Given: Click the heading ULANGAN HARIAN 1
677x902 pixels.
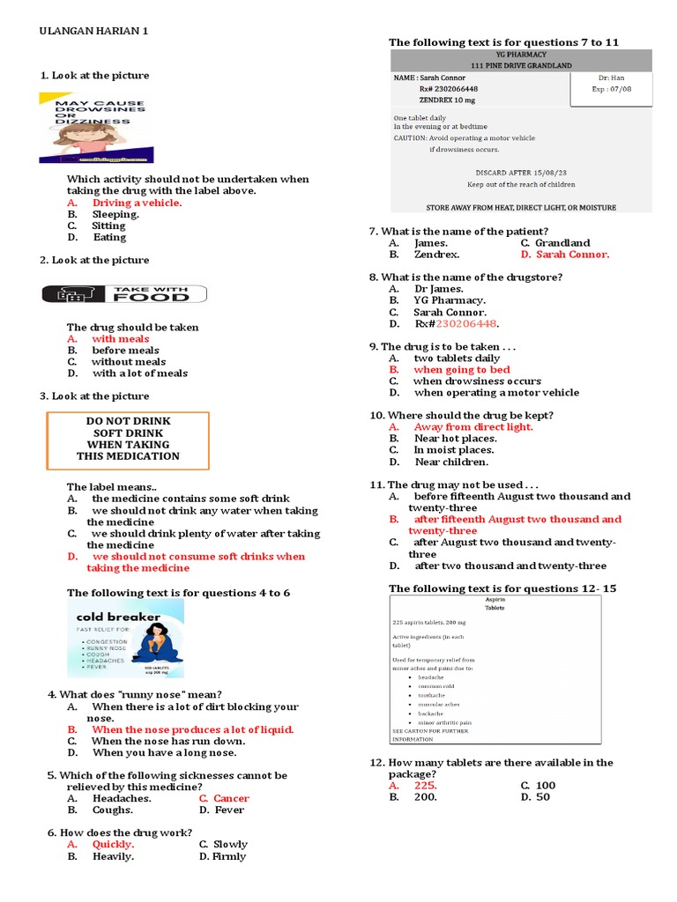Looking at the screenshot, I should coord(94,31).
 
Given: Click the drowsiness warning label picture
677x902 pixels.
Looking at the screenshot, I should coord(96,129).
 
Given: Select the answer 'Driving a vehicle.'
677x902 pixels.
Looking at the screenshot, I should coord(137,203).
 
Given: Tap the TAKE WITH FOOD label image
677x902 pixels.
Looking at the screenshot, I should coord(124,293).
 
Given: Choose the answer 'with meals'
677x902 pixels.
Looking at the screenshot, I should coord(120,338).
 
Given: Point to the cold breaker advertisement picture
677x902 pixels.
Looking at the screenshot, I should coord(125,638).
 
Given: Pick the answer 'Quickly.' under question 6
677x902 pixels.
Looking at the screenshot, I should coord(113,844).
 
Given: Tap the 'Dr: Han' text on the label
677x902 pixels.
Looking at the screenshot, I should coord(611,78).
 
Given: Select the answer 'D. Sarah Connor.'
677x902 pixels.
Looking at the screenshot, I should coord(564,255).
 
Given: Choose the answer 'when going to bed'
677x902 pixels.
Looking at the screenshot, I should coord(461,370).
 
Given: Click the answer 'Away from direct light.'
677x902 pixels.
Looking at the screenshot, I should coord(473,426).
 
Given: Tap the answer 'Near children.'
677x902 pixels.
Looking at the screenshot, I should coord(451,462).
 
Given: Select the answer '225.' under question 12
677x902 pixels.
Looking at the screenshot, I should coord(425,785).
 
